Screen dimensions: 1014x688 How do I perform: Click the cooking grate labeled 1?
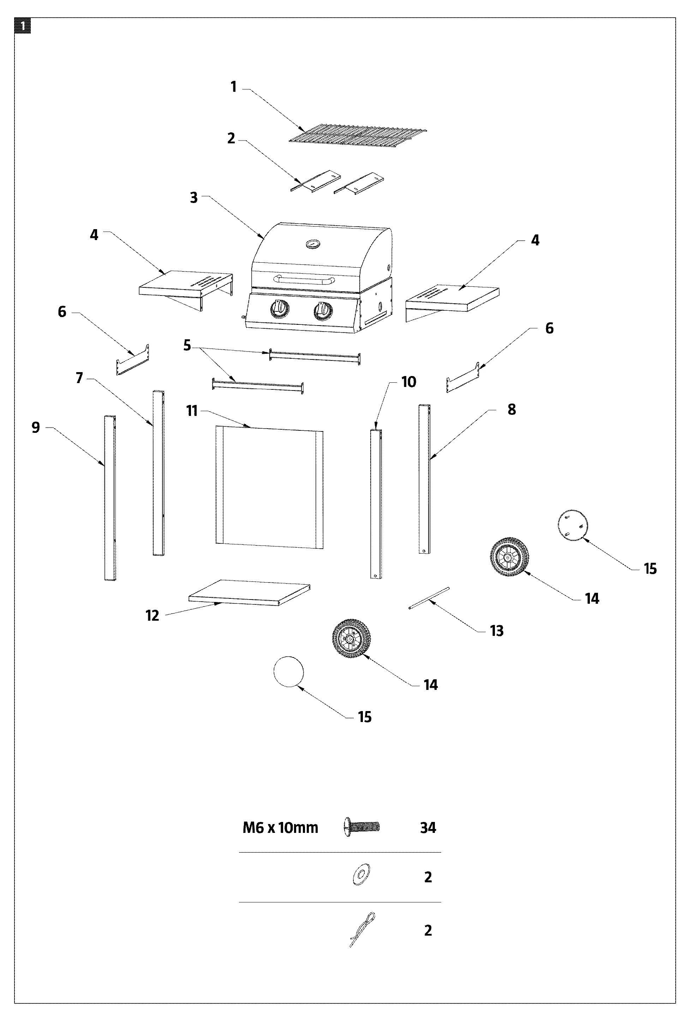coord(358,133)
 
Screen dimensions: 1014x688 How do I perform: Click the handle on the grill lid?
coord(304,280)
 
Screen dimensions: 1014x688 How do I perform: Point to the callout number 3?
coord(194,198)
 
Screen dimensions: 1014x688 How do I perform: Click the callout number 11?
coord(192,411)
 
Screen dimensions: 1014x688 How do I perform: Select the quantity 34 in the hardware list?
coord(427,828)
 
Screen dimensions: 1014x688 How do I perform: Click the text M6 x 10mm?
coord(280,828)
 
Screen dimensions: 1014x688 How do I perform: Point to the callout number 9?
coord(36,428)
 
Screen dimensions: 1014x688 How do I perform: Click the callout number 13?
coord(496,631)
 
